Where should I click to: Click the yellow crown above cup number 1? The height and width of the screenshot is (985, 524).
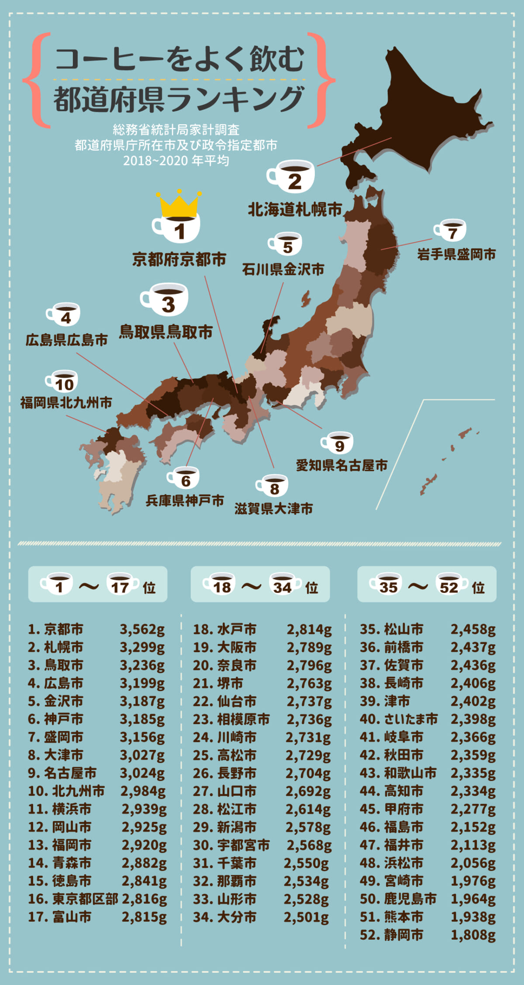179,204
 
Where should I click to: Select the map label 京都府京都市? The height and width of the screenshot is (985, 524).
179,260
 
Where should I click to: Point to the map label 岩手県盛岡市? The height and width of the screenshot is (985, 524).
456,254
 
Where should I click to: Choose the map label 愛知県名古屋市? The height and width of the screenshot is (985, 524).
342,465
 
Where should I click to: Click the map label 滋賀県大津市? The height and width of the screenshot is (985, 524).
274,509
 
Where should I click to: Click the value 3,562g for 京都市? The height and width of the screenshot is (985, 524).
142,629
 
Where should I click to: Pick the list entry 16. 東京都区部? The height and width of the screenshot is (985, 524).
73,899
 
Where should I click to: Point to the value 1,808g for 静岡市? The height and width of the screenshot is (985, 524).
473,935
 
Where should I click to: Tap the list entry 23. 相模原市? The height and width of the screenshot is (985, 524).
231,719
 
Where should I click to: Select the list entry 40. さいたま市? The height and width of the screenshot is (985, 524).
398,719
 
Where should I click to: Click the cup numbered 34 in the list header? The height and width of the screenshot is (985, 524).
284,585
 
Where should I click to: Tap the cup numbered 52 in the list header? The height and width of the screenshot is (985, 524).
450,585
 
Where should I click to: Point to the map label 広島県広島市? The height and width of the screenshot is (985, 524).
66,340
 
